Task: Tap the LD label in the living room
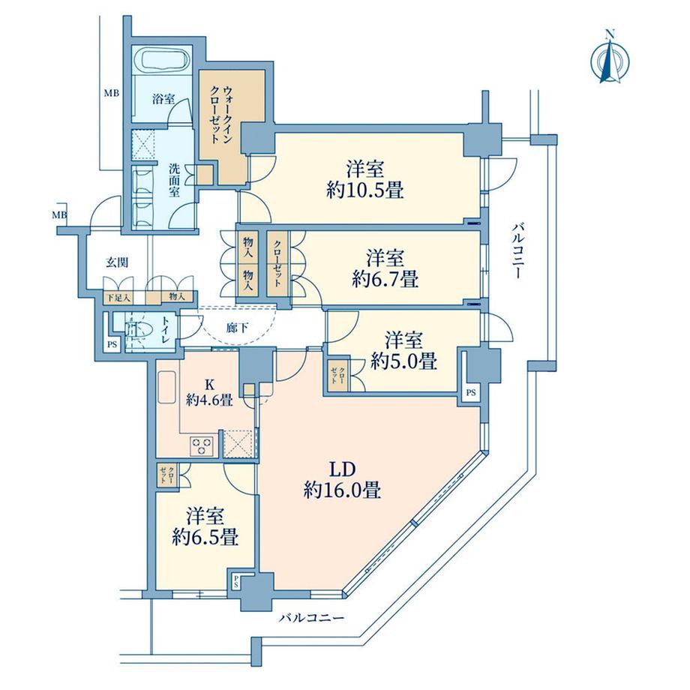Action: click(342, 470)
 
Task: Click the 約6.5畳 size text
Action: click(205, 537)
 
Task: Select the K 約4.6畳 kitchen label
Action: click(209, 392)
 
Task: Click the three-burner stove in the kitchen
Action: click(202, 445)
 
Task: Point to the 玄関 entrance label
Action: click(117, 262)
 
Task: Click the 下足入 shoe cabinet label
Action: click(118, 298)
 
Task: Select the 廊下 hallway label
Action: click(238, 328)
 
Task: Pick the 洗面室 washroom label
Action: click(175, 180)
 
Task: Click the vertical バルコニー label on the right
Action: click(517, 250)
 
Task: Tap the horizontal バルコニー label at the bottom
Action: click(311, 618)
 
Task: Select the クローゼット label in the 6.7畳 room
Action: click(277, 263)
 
